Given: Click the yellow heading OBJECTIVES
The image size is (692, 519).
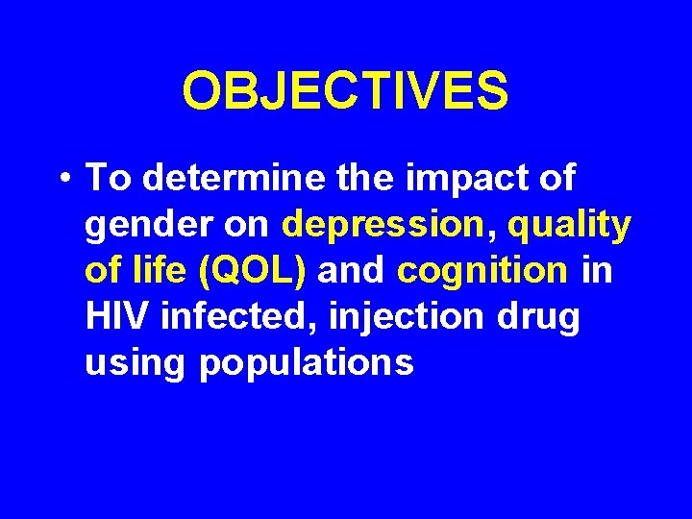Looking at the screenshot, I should point(345,91).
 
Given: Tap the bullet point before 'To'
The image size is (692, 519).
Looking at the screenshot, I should point(63,180).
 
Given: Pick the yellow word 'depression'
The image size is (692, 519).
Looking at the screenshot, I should point(383,226).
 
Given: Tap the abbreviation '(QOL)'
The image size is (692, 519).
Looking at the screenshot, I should point(252,272).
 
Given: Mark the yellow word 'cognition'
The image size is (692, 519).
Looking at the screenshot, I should point(482,272).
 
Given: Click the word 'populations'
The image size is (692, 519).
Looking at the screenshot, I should point(307,364).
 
